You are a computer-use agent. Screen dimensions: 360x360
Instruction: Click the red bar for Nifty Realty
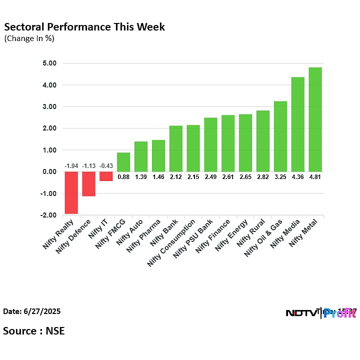[x=71, y=192]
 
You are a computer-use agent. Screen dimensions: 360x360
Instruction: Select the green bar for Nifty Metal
[x=315, y=119]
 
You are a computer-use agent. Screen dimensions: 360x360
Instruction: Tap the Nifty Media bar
[x=297, y=124]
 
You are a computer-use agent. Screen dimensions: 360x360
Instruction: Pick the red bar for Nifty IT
[x=106, y=176]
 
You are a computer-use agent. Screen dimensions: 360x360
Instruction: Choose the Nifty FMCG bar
[x=123, y=162]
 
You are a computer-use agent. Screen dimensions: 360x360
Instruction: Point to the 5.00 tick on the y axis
[x=50, y=63]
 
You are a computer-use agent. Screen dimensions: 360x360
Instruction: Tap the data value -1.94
[x=71, y=166]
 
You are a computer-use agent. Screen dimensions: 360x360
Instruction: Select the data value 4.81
[x=315, y=176]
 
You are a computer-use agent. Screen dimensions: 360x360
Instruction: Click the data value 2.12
[x=175, y=176]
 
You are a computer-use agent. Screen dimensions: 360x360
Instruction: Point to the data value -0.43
[x=106, y=166]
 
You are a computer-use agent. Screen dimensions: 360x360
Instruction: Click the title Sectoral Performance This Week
[x=84, y=26]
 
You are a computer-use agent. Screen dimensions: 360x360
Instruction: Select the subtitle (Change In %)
[x=29, y=38]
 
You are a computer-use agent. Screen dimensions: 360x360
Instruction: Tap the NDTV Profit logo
[x=320, y=313]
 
